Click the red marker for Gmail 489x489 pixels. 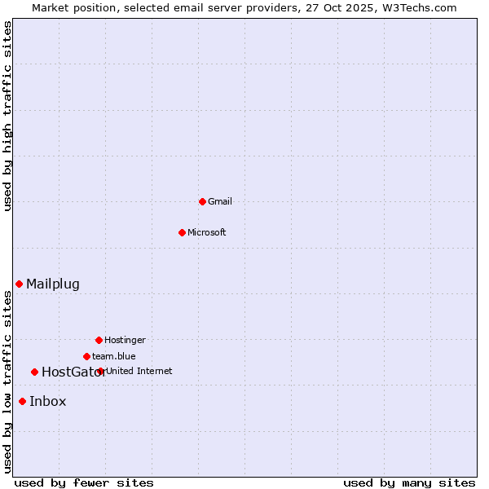pyautogui.click(x=202, y=201)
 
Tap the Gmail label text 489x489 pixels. pyautogui.click(x=220, y=201)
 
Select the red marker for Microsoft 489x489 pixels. pyautogui.click(x=182, y=232)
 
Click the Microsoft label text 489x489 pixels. pyautogui.click(x=207, y=232)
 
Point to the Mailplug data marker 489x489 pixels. pyautogui.click(x=19, y=284)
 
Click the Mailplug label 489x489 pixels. pyautogui.click(x=53, y=284)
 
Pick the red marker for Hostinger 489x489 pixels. pyautogui.click(x=99, y=340)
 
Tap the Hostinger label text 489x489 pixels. pyautogui.click(x=125, y=340)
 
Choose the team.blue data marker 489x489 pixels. pyautogui.click(x=86, y=356)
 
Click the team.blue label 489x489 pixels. pyautogui.click(x=114, y=356)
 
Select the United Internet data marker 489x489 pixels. pyautogui.click(x=100, y=371)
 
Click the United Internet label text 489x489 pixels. pyautogui.click(x=139, y=371)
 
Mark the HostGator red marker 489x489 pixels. pyautogui.click(x=34, y=372)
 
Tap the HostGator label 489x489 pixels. pyautogui.click(x=73, y=372)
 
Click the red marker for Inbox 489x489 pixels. pyautogui.click(x=22, y=401)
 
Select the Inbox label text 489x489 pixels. pyautogui.click(x=48, y=401)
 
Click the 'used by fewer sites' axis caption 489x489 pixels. pyautogui.click(x=84, y=482)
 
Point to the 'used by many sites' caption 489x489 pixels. pyautogui.click(x=409, y=482)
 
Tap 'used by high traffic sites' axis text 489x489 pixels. pyautogui.click(x=8, y=116)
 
